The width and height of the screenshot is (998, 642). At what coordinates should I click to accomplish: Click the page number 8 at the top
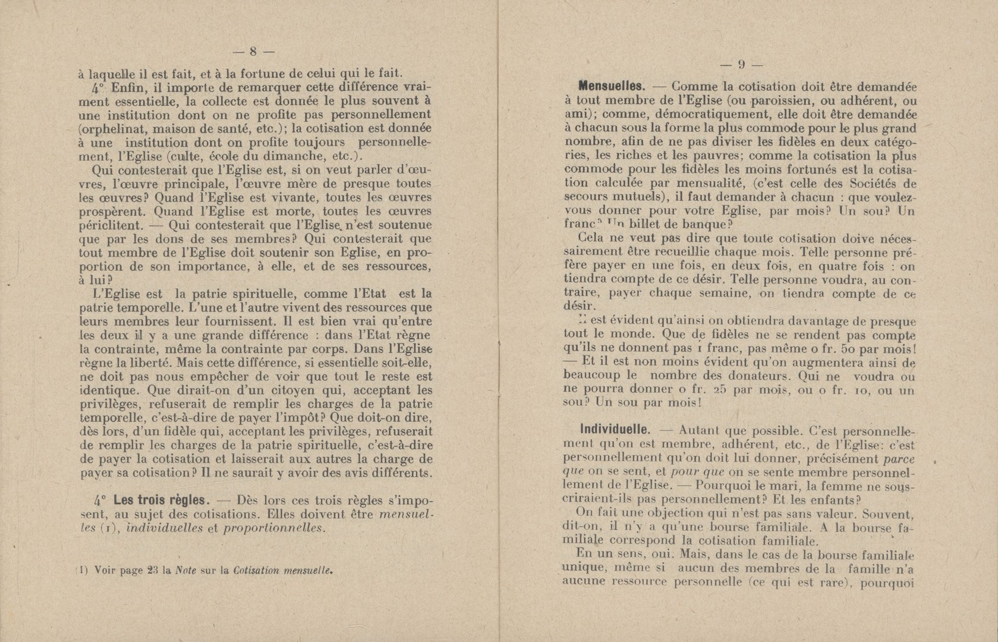[x=252, y=51]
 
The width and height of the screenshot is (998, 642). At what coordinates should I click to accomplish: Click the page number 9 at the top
[x=741, y=65]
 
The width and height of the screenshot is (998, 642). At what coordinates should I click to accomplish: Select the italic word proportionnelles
[x=274, y=528]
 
